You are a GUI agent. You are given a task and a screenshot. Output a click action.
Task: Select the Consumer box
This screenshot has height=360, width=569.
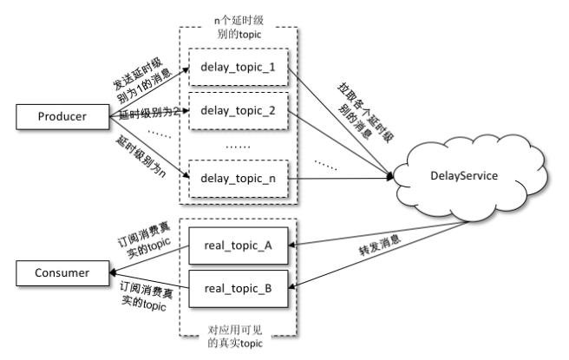tap(60, 273)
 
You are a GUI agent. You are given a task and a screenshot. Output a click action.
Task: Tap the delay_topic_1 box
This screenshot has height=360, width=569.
tap(238, 68)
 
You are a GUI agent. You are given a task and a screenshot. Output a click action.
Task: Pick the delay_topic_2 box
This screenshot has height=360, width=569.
tap(238, 111)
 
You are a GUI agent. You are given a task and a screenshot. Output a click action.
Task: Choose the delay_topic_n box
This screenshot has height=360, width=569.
tap(238, 179)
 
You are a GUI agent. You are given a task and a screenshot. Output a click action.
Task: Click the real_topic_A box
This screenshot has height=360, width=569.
tap(238, 245)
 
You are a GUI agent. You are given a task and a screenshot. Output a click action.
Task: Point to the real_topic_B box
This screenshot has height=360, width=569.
tap(238, 288)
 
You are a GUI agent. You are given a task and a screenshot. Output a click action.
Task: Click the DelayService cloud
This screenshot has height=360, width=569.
tap(465, 177)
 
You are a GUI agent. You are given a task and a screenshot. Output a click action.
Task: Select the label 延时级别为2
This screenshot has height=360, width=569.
tap(147, 114)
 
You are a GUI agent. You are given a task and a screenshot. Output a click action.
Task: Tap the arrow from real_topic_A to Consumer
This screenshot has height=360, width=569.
tap(152, 258)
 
